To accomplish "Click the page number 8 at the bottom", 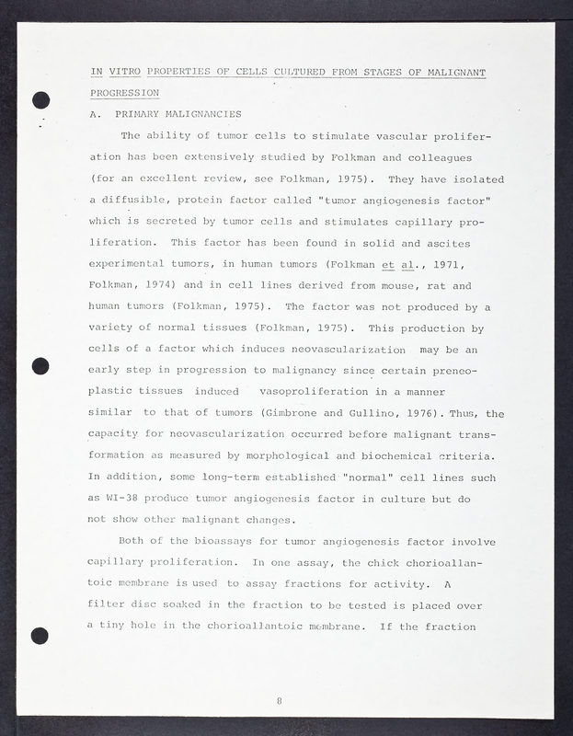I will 279,702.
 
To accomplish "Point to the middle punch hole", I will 40,366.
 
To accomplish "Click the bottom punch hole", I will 40,634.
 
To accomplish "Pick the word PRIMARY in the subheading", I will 136,114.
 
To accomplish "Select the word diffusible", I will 138,200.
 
